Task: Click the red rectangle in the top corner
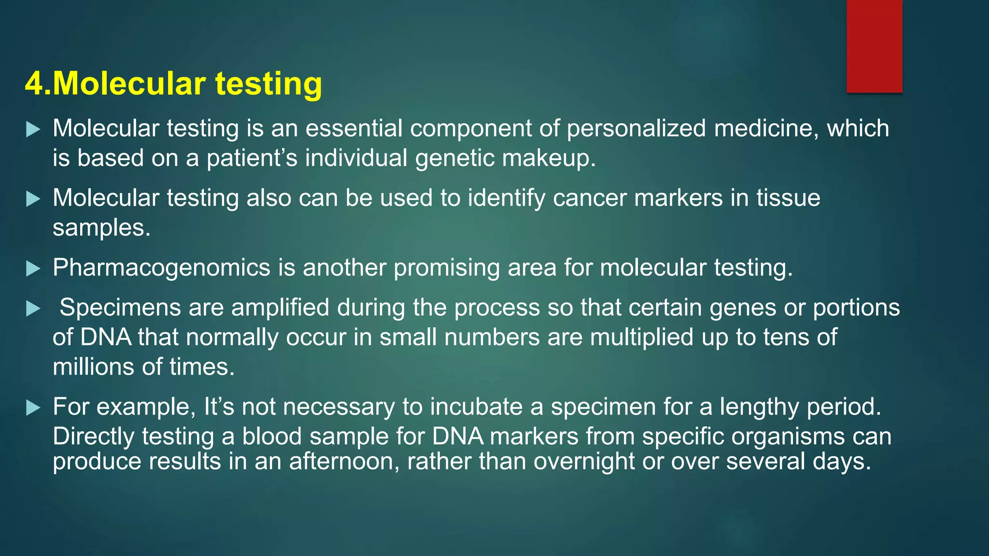point(874,46)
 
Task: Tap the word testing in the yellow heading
point(268,84)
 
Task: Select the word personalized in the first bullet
point(636,129)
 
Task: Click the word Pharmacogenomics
point(161,268)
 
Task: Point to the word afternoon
point(344,461)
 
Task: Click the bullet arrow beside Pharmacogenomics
point(33,268)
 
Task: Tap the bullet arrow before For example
point(33,407)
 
